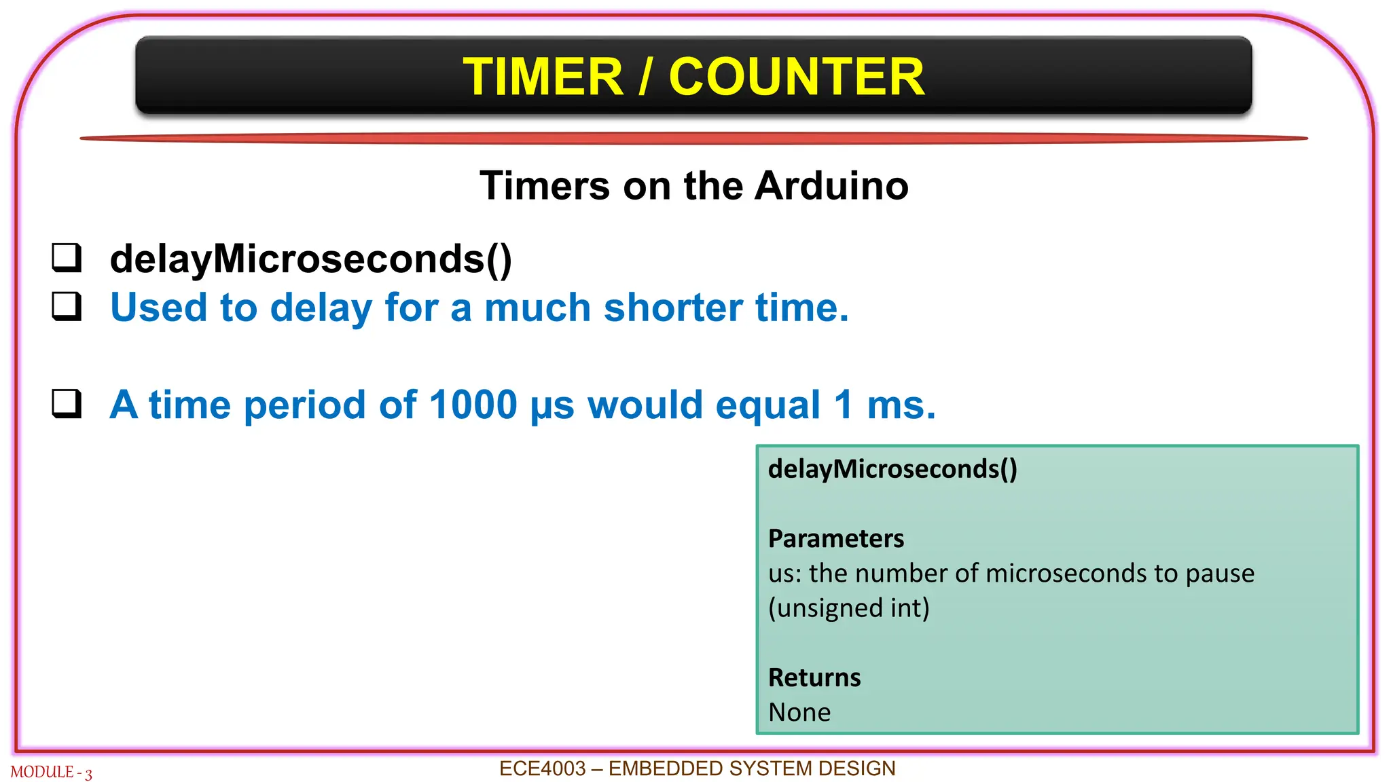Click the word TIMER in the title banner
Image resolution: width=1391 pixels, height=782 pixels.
pos(543,77)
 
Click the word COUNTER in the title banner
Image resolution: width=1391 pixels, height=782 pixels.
pos(796,77)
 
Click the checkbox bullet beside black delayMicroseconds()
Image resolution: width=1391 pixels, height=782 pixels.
pos(67,259)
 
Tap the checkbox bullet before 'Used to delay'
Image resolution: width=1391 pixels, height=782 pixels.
pos(67,307)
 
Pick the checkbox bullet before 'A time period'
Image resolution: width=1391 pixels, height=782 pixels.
pos(67,404)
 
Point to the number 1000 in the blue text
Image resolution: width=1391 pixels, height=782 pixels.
pos(473,405)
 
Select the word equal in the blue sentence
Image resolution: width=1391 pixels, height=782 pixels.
pos(767,406)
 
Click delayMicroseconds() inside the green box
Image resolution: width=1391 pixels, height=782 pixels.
pos(892,469)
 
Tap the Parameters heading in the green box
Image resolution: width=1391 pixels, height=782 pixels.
pos(835,538)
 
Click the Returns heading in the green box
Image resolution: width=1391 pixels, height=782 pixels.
pos(814,677)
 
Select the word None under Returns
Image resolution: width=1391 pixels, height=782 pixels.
pos(799,712)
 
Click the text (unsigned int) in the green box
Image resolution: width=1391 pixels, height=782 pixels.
pos(848,608)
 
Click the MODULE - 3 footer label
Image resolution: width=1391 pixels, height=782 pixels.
pos(51,772)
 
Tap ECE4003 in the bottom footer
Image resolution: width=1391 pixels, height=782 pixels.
pos(542,768)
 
